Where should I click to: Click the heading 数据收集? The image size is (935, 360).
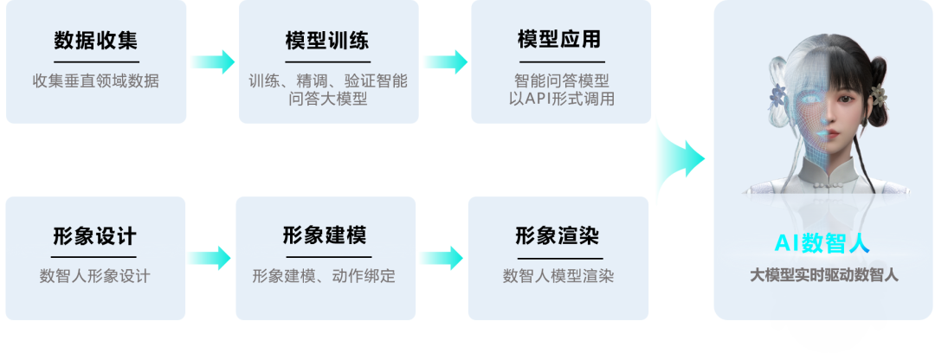pyautogui.click(x=95, y=41)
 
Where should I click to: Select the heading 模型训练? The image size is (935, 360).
pyautogui.click(x=326, y=41)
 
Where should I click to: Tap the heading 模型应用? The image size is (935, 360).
pyautogui.click(x=558, y=40)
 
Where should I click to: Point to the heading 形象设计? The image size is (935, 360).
pyautogui.click(x=95, y=236)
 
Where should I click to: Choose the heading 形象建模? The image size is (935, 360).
pyautogui.click(x=325, y=235)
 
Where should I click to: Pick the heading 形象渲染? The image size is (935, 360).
pyautogui.click(x=558, y=235)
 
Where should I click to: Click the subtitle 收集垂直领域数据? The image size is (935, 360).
pyautogui.click(x=95, y=81)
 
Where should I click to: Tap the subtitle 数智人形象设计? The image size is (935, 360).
pyautogui.click(x=95, y=276)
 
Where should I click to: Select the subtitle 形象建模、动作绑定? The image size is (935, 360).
pyautogui.click(x=324, y=276)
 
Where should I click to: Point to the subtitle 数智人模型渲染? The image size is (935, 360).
pyautogui.click(x=558, y=276)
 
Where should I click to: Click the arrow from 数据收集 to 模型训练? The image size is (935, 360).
pyautogui.click(x=212, y=61)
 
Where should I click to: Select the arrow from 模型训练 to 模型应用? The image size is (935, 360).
pyautogui.click(x=444, y=61)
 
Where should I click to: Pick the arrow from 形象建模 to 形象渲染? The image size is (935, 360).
pyautogui.click(x=441, y=257)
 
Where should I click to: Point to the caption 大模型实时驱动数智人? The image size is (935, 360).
pyautogui.click(x=823, y=276)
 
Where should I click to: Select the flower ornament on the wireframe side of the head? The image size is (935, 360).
pyautogui.click(x=777, y=95)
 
